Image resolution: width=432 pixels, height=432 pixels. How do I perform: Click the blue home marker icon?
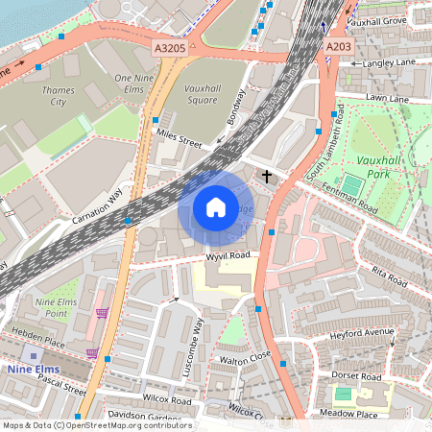(216, 207)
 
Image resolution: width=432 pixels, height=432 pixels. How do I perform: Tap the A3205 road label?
(170, 45)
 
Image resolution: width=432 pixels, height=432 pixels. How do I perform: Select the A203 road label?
(338, 45)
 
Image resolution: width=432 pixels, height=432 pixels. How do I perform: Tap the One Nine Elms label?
(135, 83)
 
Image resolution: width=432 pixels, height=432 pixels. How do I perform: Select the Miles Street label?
(180, 140)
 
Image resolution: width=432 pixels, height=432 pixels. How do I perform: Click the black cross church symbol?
(267, 177)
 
